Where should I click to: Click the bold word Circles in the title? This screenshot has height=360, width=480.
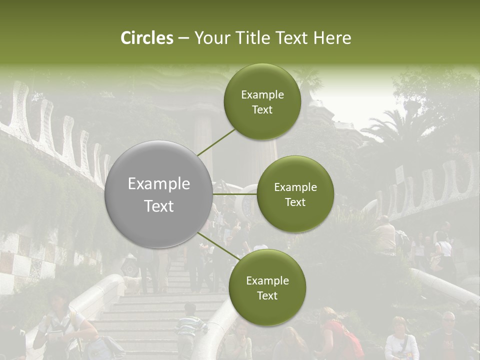click(147, 38)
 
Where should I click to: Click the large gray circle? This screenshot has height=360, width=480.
click(158, 194)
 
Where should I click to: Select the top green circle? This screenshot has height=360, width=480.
click(262, 102)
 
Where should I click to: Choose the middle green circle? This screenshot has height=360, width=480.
click(295, 194)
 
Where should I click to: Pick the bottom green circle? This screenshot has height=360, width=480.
click(267, 287)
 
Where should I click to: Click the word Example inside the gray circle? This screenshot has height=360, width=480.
click(158, 184)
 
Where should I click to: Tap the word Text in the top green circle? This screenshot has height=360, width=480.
click(262, 110)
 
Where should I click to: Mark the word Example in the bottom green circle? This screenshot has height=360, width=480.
click(267, 280)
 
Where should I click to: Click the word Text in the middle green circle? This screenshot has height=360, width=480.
click(295, 202)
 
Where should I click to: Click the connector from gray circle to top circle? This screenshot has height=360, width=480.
click(216, 142)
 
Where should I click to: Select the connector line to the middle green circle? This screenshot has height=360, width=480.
click(235, 194)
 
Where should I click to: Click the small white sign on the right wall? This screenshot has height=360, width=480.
click(399, 175)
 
